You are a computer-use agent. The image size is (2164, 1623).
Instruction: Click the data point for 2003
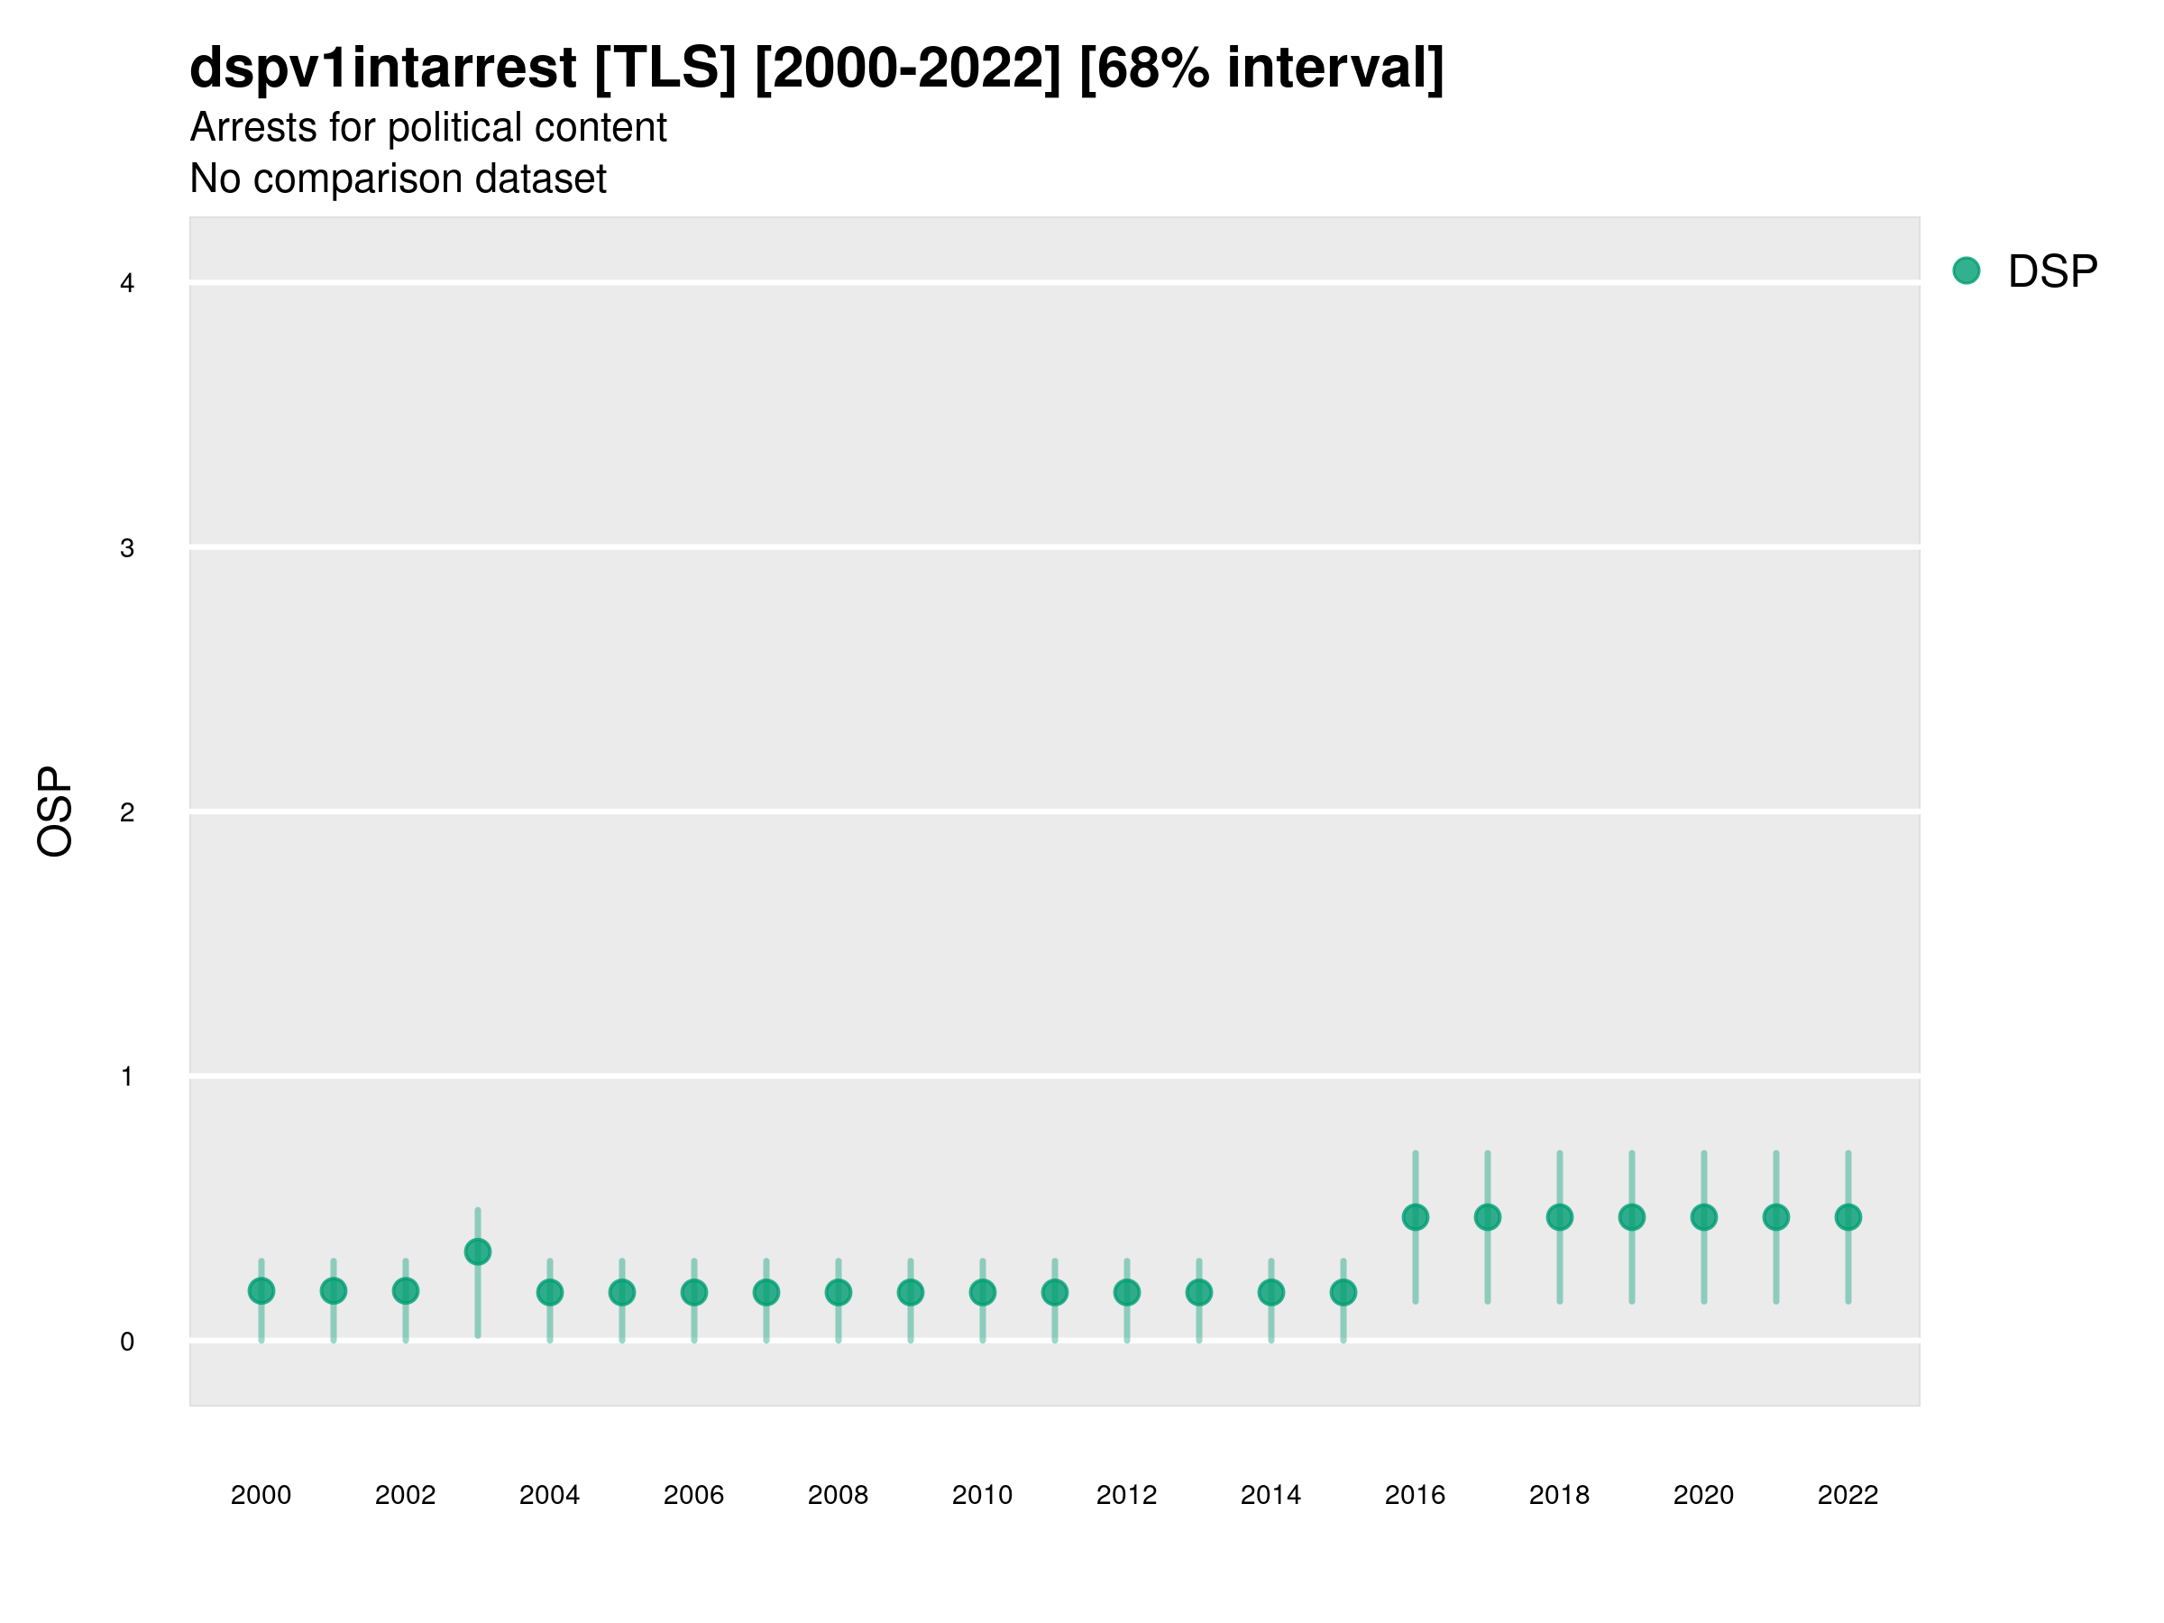477,1252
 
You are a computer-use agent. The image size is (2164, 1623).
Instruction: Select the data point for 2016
1415,1217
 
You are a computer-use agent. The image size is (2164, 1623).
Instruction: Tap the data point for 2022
1848,1217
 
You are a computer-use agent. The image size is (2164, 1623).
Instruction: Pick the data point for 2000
261,1291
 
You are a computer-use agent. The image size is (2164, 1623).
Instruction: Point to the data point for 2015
1343,1292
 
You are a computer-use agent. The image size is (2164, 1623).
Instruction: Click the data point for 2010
982,1292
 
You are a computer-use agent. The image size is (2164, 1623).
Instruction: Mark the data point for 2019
1632,1217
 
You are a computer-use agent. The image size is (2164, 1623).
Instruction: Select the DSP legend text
2052,271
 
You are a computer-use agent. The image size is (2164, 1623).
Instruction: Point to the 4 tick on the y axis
127,284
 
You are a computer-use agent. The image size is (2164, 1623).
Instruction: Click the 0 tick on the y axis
127,1342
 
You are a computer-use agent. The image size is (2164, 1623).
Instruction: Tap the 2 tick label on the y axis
127,812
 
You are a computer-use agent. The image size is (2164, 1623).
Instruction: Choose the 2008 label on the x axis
838,1495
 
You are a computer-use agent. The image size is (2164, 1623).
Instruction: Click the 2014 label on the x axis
1270,1495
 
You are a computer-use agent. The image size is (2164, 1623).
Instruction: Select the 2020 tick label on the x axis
1703,1495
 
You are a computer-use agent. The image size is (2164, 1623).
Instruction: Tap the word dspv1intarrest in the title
382,68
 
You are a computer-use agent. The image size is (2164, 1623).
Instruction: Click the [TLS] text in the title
665,68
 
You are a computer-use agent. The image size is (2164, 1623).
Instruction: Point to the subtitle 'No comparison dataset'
398,178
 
